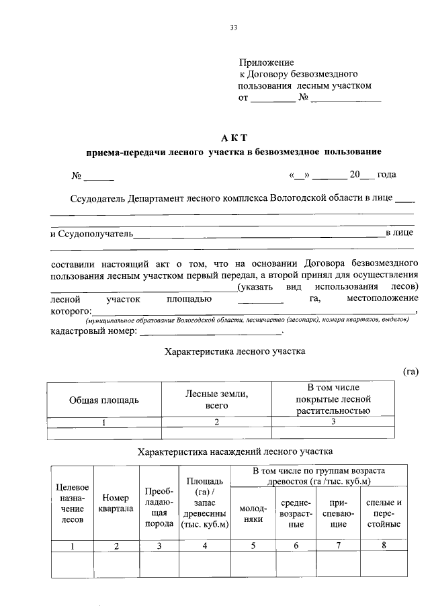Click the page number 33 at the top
(x=234, y=28)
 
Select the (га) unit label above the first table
(x=411, y=371)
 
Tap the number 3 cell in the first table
(x=333, y=422)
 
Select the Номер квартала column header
(x=116, y=503)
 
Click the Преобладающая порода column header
(x=159, y=508)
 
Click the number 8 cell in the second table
(x=384, y=546)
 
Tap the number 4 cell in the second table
(x=204, y=546)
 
